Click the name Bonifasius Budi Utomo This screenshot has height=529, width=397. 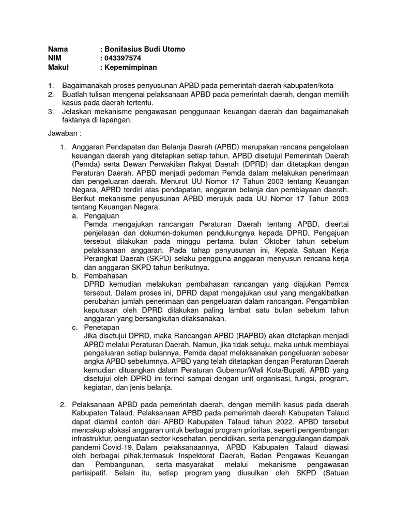pos(144,49)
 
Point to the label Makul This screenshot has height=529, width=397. pos(58,68)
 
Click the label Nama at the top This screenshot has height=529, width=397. pos(58,49)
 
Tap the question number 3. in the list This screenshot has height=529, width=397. pos(51,112)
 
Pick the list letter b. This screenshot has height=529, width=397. pos(75,276)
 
